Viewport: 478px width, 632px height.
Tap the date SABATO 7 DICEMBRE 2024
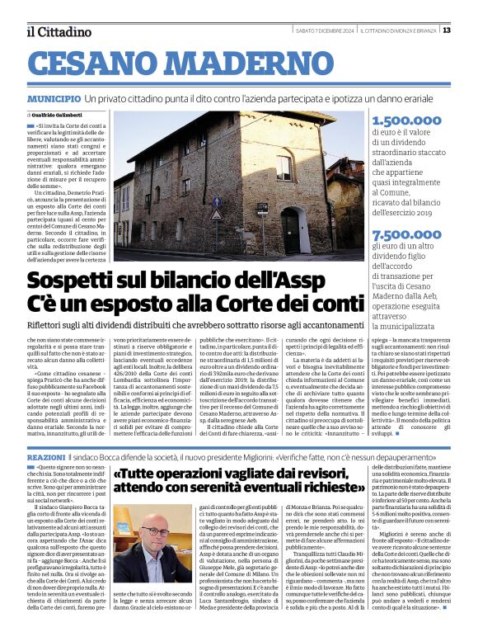tap(325, 31)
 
